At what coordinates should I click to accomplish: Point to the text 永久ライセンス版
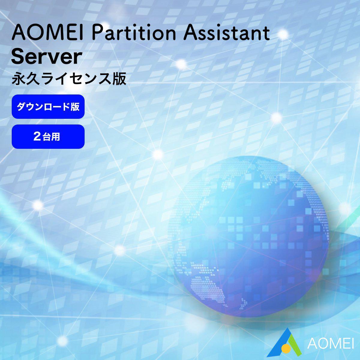(69, 79)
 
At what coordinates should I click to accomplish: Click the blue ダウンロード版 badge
(48, 106)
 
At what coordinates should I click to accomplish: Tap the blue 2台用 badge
(48, 137)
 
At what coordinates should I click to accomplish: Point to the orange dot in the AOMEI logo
(286, 348)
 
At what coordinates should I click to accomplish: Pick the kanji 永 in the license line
(18, 79)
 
